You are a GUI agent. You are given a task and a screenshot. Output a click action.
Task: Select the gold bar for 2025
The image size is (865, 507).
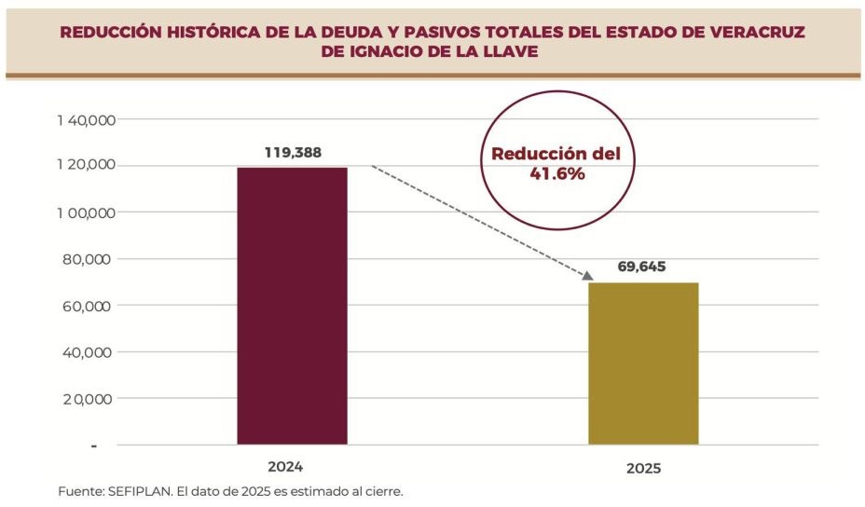643,363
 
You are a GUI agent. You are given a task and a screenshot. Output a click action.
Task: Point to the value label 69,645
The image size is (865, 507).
643,267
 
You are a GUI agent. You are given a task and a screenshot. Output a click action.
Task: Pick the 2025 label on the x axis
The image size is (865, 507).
642,469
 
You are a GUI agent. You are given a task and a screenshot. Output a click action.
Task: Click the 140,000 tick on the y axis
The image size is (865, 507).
85,120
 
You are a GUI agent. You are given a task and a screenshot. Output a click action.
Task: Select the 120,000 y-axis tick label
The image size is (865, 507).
85,166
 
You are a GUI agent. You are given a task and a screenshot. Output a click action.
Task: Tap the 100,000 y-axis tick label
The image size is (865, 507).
85,212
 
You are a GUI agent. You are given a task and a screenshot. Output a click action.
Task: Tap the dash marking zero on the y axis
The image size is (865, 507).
93,445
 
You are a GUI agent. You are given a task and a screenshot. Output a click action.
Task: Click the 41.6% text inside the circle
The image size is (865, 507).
556,173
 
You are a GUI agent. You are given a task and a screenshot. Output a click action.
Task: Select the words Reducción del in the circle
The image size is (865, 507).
556,154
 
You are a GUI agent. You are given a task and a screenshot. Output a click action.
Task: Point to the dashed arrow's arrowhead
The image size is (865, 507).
587,275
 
